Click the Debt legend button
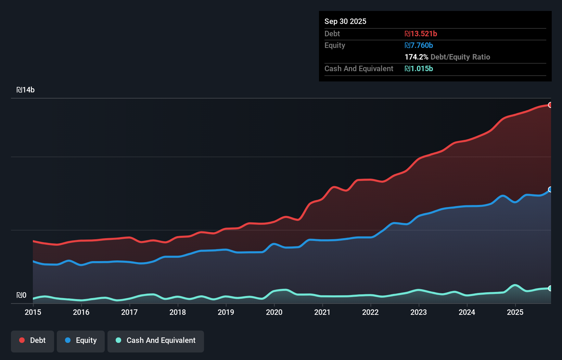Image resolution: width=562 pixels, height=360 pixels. pos(33,341)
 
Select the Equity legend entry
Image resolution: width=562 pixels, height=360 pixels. pos(81,341)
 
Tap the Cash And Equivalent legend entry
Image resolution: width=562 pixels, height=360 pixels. pos(156,341)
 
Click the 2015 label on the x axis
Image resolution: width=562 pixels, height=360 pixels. pos(33,312)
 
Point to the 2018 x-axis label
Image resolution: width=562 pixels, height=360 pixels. pos(178,312)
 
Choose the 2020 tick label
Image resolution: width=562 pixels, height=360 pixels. pos(274,312)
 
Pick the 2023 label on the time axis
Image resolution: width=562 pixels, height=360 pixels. pos(419,312)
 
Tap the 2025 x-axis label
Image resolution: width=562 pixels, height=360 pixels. pos(515,312)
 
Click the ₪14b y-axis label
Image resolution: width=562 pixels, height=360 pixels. pos(26,90)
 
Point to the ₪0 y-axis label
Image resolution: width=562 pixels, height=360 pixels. pos(22,295)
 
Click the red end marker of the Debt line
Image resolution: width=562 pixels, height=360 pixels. pos(550,105)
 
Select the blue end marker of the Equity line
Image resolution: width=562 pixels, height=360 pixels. pos(550,190)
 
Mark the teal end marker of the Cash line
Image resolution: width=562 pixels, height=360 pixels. pos(550,288)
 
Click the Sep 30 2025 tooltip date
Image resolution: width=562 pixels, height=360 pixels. pos(345,21)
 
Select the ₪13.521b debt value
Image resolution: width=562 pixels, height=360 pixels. pos(421,34)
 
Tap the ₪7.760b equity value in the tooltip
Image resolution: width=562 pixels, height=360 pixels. pos(419,45)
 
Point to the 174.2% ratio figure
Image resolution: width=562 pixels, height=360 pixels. pos(416,57)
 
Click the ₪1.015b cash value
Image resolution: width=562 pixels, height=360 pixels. pos(419,68)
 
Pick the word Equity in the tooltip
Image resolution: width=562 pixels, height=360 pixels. pos(334,45)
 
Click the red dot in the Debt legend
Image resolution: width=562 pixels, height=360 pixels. pos(22,340)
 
